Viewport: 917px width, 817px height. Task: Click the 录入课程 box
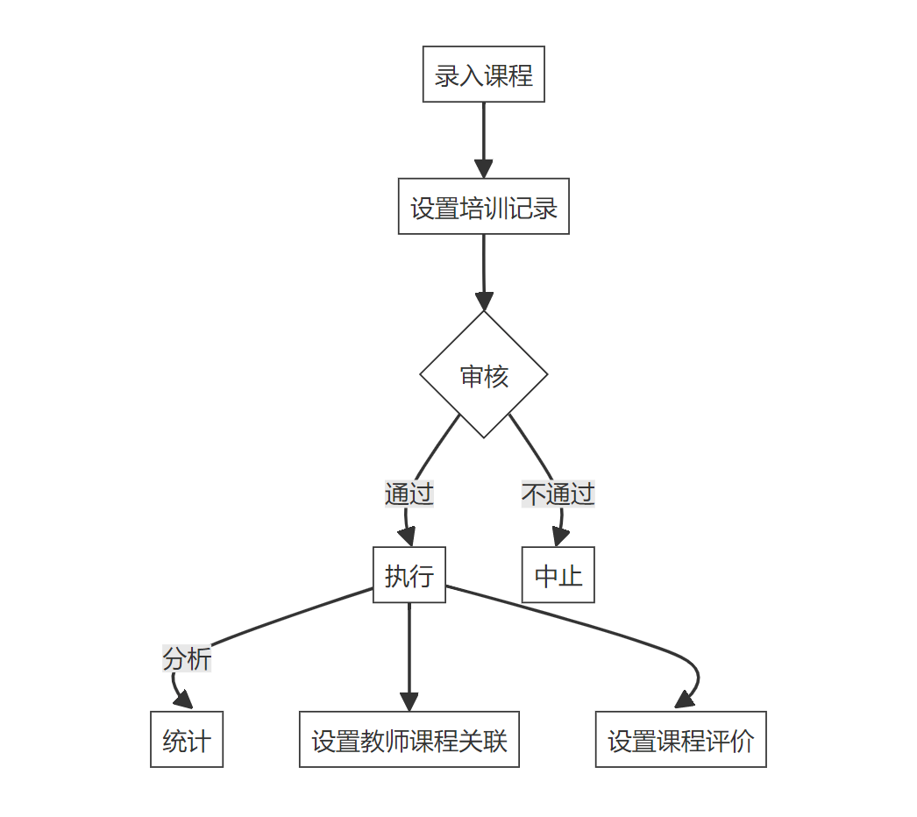click(x=483, y=75)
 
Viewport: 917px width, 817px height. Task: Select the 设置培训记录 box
click(x=483, y=207)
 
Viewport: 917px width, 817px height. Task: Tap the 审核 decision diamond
click(x=484, y=375)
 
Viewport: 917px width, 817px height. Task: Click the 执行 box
click(x=409, y=575)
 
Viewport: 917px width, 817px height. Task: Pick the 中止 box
click(x=558, y=575)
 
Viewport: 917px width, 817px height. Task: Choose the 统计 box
click(x=186, y=740)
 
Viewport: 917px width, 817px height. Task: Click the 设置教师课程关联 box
click(x=409, y=740)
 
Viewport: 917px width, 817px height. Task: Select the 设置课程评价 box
click(x=680, y=740)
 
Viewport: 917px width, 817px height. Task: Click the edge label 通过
click(x=409, y=494)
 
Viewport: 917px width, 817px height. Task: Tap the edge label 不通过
click(x=558, y=494)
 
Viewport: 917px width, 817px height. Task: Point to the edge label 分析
click(x=187, y=658)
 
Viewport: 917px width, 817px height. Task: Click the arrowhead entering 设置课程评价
click(x=685, y=700)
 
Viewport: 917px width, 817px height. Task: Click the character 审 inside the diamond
click(x=472, y=376)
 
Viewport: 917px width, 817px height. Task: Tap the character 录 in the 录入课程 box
click(x=446, y=75)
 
